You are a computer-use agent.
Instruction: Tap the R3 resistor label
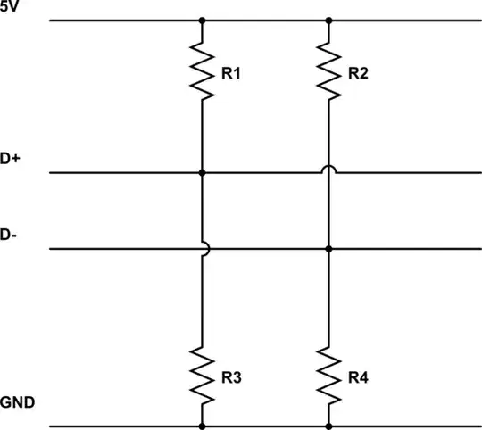click(x=231, y=378)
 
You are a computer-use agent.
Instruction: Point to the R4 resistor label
click(x=359, y=378)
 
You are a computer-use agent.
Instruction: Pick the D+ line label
click(x=11, y=159)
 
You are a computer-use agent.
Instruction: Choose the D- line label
click(x=10, y=236)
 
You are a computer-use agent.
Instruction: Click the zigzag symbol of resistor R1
click(x=202, y=72)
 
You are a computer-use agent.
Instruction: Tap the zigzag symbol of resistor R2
click(x=329, y=72)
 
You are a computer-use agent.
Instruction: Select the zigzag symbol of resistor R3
click(x=202, y=377)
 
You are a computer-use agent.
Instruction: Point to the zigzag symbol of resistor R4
click(x=329, y=377)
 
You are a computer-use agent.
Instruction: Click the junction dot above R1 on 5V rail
click(x=202, y=19)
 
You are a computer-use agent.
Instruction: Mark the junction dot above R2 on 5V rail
click(x=329, y=19)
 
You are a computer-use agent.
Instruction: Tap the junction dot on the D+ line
click(x=202, y=172)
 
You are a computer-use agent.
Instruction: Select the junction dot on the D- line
click(x=329, y=249)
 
